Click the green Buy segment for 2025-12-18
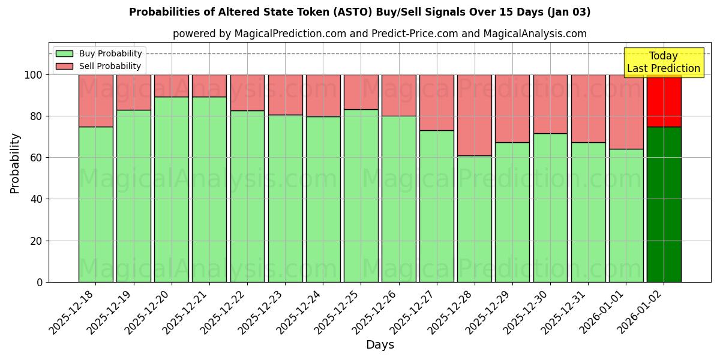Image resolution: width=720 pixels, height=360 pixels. (x=95, y=204)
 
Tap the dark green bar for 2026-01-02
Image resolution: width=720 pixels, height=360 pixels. (x=664, y=204)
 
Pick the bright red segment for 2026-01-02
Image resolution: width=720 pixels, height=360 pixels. (x=664, y=101)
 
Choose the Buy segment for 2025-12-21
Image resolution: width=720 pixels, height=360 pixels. (x=209, y=189)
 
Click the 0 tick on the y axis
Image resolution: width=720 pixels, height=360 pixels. (x=40, y=282)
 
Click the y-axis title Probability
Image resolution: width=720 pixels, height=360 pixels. (x=15, y=163)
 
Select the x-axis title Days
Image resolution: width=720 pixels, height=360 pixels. (x=380, y=345)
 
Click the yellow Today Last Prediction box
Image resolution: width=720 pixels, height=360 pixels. (x=664, y=62)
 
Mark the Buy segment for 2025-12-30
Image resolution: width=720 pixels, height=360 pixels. (x=550, y=207)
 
